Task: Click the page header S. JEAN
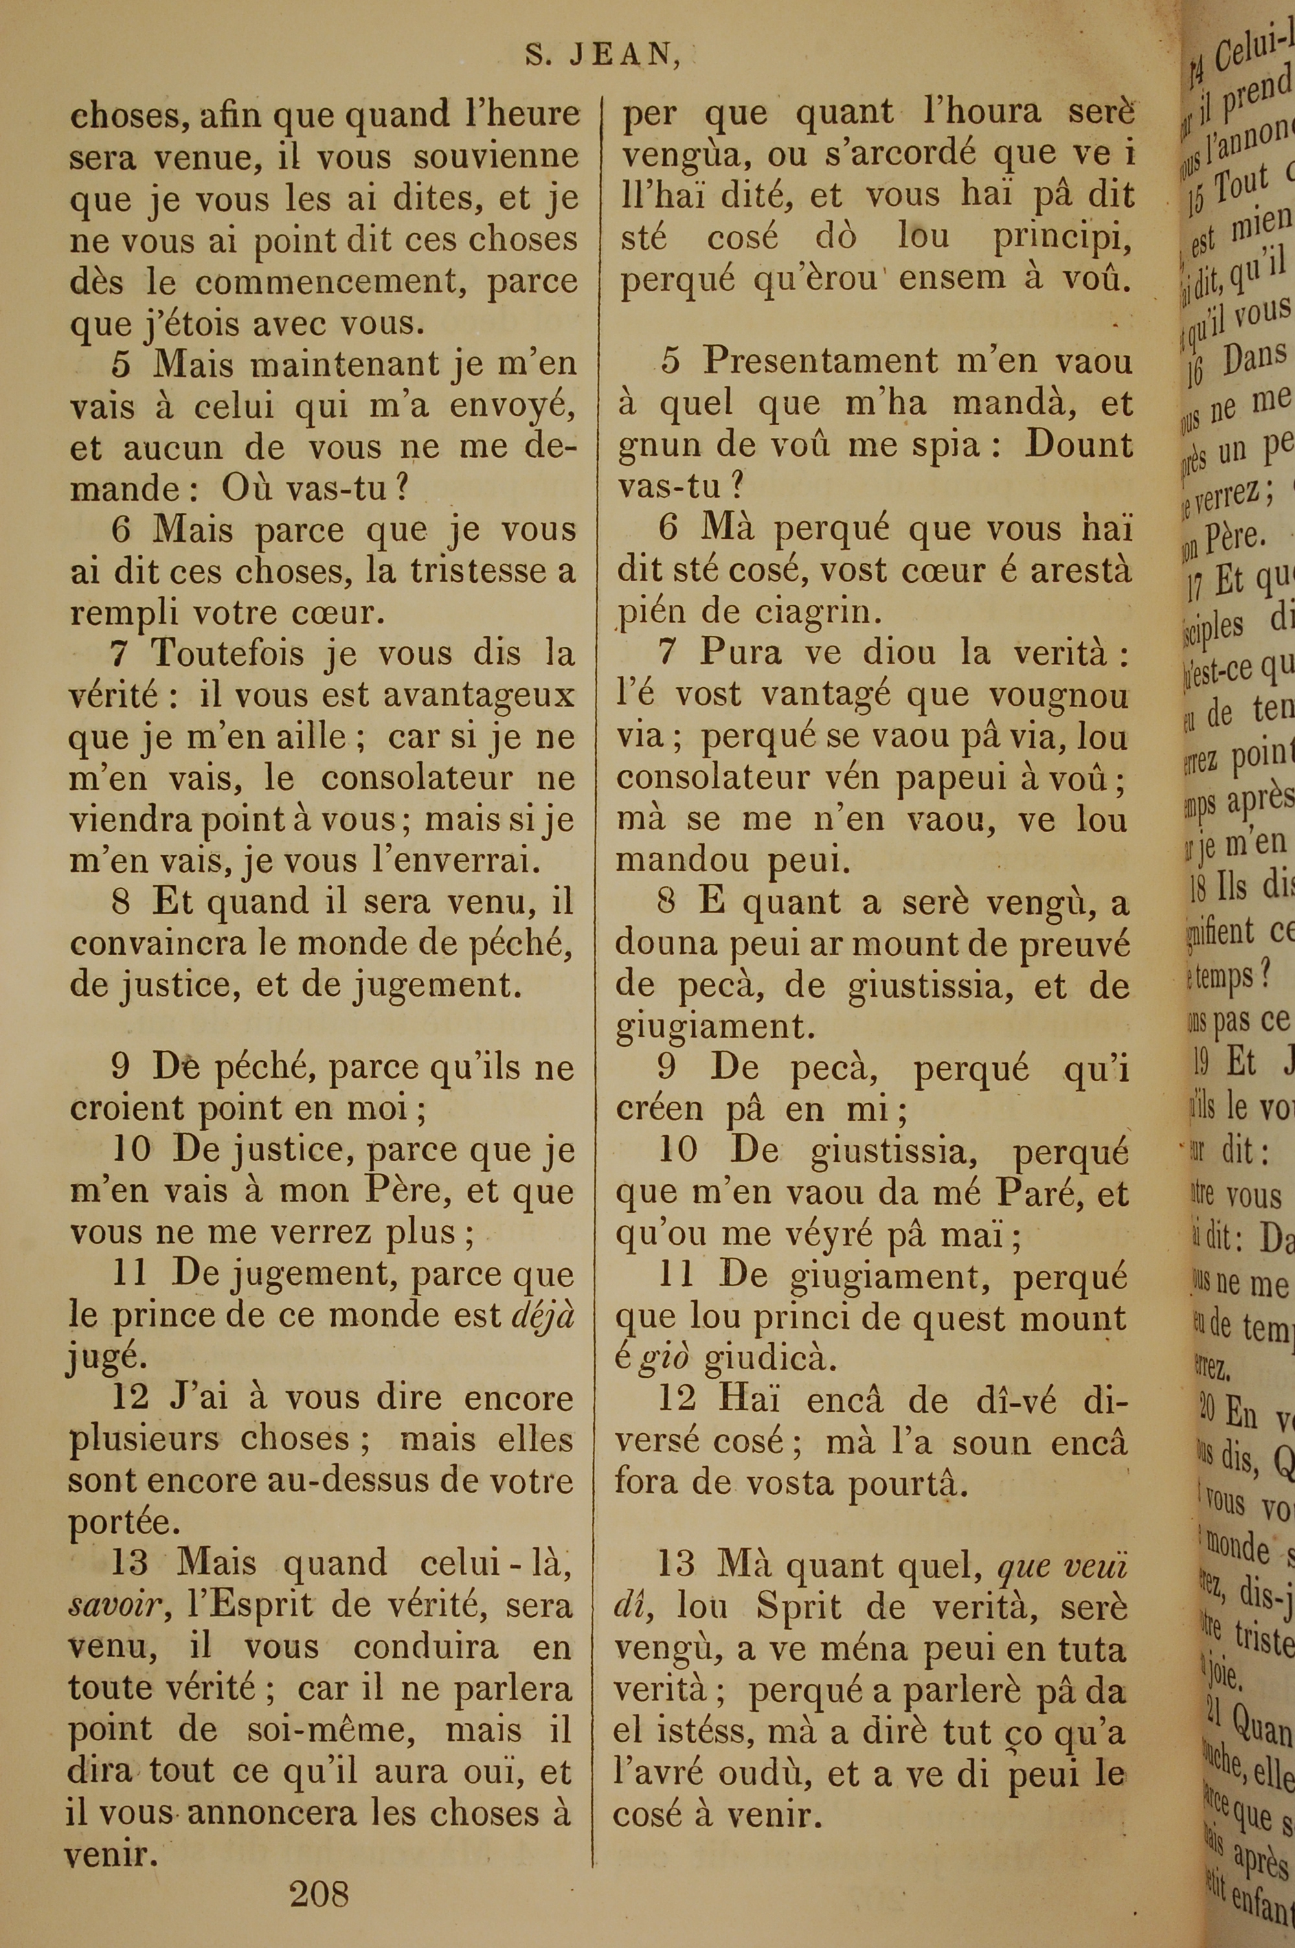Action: (602, 54)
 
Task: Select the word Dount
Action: (1078, 445)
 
